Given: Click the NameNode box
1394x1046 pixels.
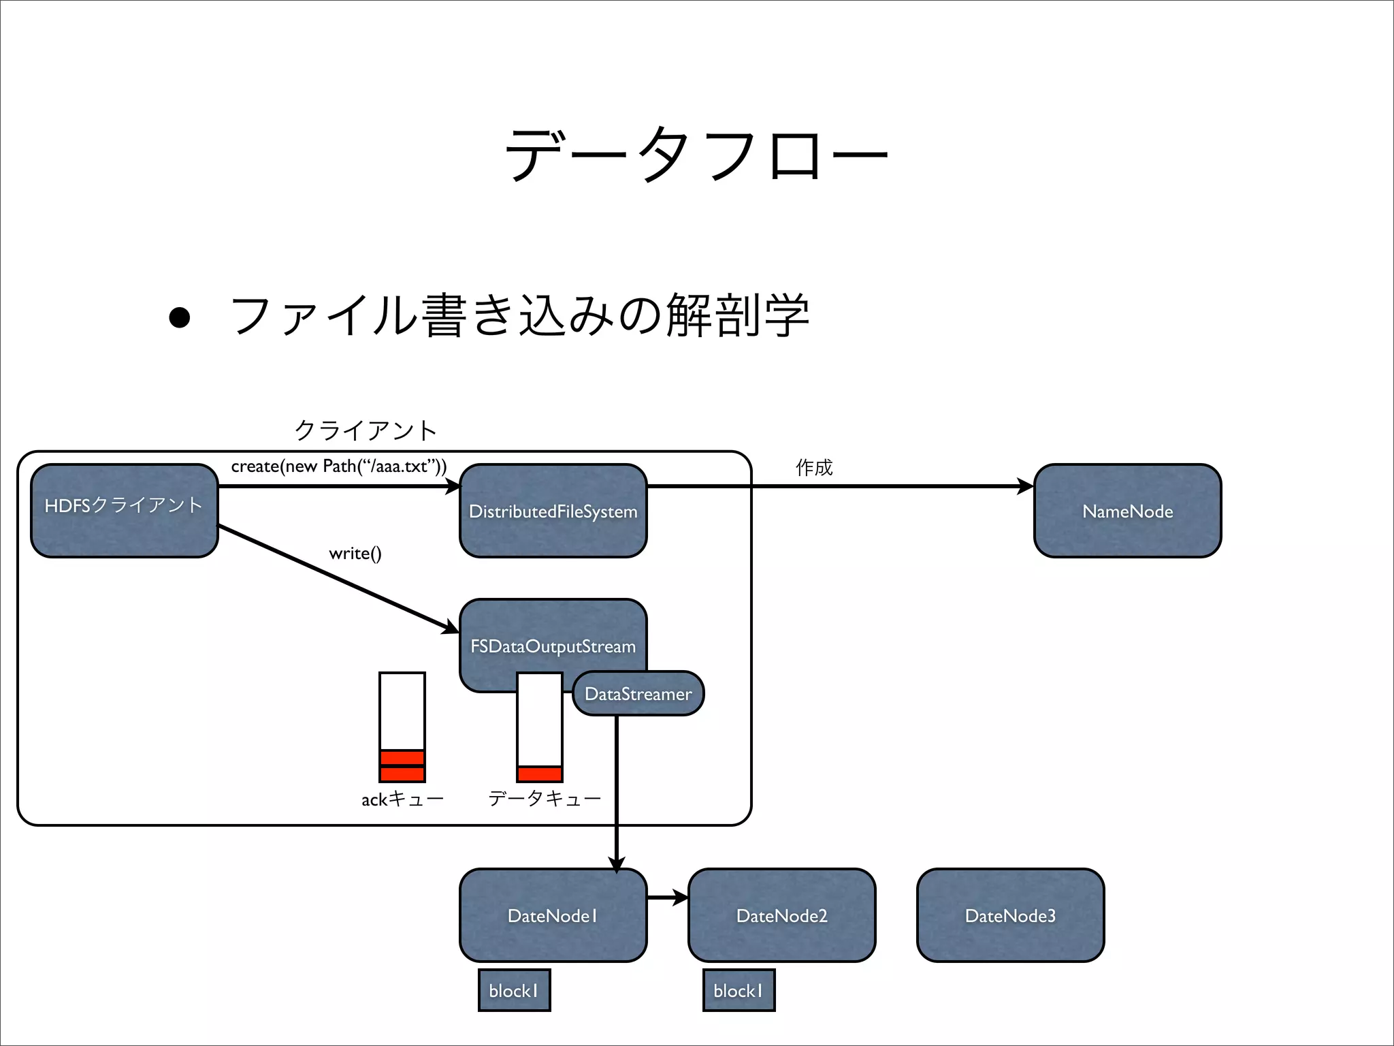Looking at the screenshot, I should click(1127, 511).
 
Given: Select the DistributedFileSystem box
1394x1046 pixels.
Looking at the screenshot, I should click(553, 511).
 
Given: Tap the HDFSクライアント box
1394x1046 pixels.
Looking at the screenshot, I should click(124, 511).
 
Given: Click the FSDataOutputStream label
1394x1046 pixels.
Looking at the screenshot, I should click(553, 646).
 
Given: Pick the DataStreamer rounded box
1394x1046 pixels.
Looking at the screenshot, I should click(638, 694).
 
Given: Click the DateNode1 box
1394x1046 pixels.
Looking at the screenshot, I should click(553, 915).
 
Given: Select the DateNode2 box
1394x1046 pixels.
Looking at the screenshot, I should click(781, 915).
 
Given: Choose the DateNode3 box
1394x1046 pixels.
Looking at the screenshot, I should click(1010, 915).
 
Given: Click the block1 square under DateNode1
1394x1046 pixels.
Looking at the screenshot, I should click(514, 990).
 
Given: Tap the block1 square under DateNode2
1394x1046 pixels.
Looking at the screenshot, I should click(739, 990).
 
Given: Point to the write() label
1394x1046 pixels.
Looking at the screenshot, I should click(355, 553).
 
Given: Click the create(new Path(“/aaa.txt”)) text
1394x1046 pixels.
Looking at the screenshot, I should click(339, 466).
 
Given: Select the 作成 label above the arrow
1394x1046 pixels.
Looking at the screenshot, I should click(814, 467).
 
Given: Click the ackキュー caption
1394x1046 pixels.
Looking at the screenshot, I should click(402, 799).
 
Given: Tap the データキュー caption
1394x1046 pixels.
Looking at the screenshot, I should click(545, 798).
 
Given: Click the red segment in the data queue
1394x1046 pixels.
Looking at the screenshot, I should click(540, 774).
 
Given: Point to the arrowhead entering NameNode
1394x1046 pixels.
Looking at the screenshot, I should click(1025, 486).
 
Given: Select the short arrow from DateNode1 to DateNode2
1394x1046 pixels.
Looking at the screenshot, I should click(667, 898).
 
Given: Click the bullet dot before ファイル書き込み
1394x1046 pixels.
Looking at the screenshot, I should click(180, 317).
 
